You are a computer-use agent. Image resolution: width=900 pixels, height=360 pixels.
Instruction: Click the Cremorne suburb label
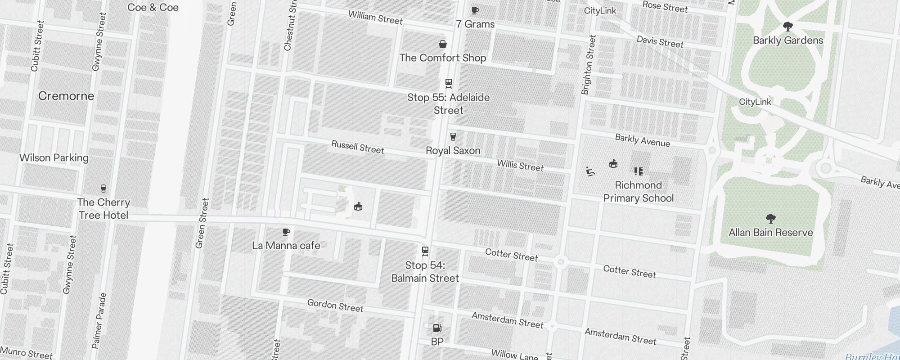click(66, 96)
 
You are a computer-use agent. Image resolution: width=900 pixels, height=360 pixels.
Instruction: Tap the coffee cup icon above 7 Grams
click(475, 11)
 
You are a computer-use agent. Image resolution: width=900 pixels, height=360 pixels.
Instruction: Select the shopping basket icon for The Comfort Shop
click(443, 44)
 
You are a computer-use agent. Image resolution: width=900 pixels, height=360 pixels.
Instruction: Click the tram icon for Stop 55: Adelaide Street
click(448, 83)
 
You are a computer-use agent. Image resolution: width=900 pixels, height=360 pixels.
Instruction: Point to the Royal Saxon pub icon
click(453, 137)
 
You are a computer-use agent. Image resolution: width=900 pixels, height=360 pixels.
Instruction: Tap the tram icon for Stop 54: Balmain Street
click(425, 251)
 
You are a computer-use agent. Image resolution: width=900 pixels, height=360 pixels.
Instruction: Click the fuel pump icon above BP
click(437, 328)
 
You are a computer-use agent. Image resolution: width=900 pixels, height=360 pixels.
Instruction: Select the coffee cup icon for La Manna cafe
click(286, 232)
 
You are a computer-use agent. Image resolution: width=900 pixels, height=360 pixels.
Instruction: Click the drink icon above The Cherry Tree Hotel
click(103, 189)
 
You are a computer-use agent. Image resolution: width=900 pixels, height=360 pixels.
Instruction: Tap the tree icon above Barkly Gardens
click(787, 27)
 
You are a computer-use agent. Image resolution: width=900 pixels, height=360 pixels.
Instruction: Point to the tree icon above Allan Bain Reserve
click(770, 219)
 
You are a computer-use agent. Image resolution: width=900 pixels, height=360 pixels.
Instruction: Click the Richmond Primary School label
click(638, 192)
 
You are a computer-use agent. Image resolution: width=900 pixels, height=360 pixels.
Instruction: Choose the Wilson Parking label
click(54, 158)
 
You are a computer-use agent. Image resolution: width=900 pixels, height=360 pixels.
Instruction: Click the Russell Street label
click(358, 147)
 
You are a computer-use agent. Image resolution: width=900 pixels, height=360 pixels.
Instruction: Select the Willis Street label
click(520, 165)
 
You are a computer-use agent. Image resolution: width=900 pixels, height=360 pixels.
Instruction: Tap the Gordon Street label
click(335, 306)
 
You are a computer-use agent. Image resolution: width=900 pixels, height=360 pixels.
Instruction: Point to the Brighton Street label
click(588, 65)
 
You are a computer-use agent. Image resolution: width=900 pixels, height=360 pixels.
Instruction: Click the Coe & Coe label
click(153, 8)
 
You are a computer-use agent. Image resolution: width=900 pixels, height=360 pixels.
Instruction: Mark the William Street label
click(375, 18)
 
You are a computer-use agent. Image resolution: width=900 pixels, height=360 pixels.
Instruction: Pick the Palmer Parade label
click(99, 320)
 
